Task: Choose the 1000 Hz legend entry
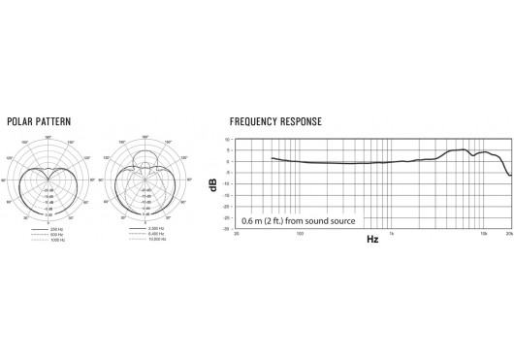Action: coord(56,239)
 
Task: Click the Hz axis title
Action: coord(373,239)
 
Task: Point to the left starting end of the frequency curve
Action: coord(272,157)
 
